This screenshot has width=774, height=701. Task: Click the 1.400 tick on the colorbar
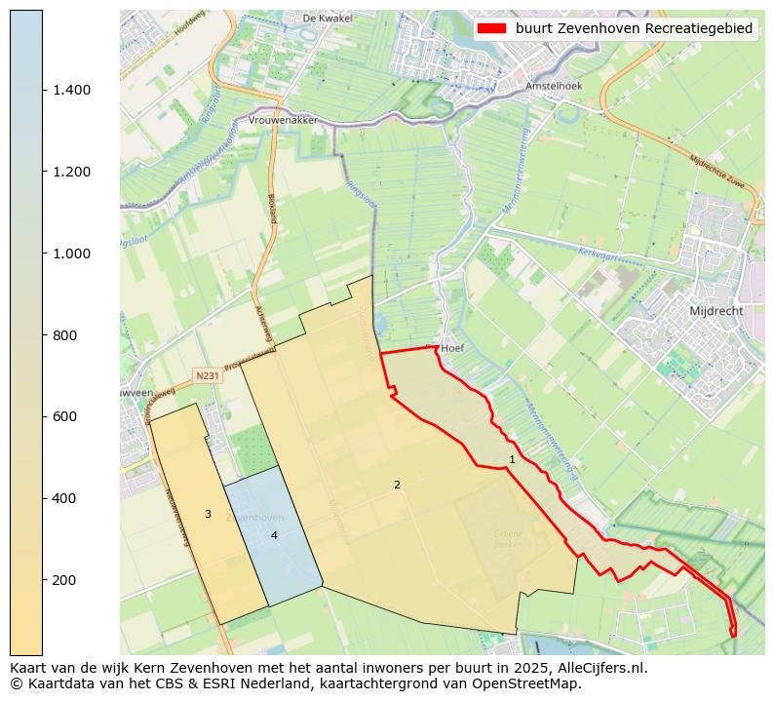70,90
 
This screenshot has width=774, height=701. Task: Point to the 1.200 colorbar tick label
70,172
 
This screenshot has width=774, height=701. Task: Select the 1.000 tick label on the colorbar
70,253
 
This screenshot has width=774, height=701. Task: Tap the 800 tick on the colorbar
64,335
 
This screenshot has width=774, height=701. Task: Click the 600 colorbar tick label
64,416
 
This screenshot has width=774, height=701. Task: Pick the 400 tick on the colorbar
64,498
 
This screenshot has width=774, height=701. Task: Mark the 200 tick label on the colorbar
64,580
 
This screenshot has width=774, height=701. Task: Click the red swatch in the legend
493,29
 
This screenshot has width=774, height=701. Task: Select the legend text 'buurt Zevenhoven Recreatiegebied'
634,29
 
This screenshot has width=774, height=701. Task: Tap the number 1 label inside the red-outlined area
512,459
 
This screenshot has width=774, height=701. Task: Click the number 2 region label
397,485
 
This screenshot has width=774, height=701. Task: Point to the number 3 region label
208,514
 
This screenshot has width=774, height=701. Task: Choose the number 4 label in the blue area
274,535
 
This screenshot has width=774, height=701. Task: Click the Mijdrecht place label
716,311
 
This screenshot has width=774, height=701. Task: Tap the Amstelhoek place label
553,86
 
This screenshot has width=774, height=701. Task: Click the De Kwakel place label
326,18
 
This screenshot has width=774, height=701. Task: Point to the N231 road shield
207,375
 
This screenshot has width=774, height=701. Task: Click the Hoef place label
451,347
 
